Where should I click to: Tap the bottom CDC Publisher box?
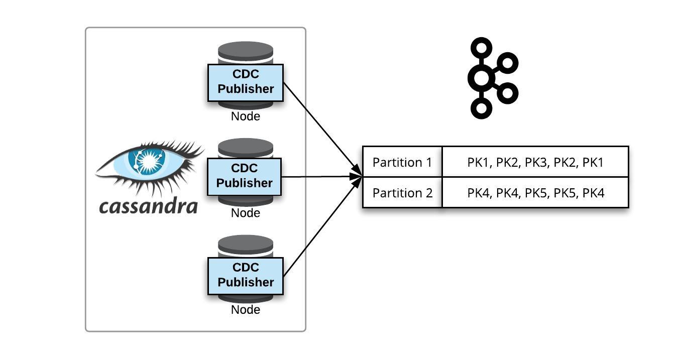pos(246,276)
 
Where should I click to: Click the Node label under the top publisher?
pos(246,116)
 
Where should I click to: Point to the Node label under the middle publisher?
pos(246,213)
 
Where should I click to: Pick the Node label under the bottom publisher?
pos(246,310)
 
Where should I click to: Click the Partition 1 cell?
pos(402,162)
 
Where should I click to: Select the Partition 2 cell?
pos(402,193)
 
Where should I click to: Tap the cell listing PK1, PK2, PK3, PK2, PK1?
pos(535,162)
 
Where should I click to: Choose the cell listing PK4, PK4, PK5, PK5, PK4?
pos(535,193)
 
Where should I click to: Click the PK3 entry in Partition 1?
pos(535,162)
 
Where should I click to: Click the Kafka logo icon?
pos(492,78)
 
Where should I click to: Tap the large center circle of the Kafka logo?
pos(481,78)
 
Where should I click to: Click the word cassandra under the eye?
pos(148,206)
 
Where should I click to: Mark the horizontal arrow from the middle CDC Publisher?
pos(321,177)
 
